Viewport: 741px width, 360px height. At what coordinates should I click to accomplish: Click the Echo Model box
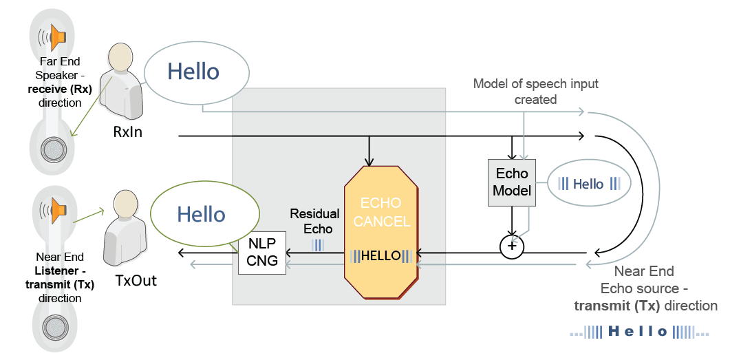coord(512,182)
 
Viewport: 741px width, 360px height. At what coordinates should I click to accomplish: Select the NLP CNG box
coord(262,253)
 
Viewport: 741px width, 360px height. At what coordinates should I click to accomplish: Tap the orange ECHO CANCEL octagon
coord(381,232)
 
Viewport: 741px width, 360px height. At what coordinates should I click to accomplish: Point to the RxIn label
coord(127,131)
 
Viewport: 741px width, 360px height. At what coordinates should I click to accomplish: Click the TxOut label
coord(136,281)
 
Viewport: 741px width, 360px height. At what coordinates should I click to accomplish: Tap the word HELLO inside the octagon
coord(381,256)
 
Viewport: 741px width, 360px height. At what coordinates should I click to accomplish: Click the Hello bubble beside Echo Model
coord(589,184)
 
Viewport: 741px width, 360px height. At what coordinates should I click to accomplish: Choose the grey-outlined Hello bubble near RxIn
coord(196,72)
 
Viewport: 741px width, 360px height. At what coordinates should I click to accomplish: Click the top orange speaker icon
coord(58,36)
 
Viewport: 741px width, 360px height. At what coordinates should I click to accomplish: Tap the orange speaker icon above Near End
coord(58,209)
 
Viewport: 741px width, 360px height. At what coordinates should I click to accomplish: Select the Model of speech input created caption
coord(535,92)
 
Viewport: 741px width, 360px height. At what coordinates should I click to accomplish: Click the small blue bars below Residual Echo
coord(318,244)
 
